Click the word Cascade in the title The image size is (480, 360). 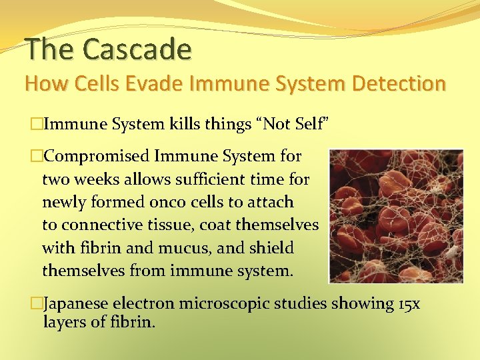coord(137,49)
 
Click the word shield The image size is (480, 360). coord(273,248)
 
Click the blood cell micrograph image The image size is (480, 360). coord(397,216)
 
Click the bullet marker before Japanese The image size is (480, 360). coord(36,304)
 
